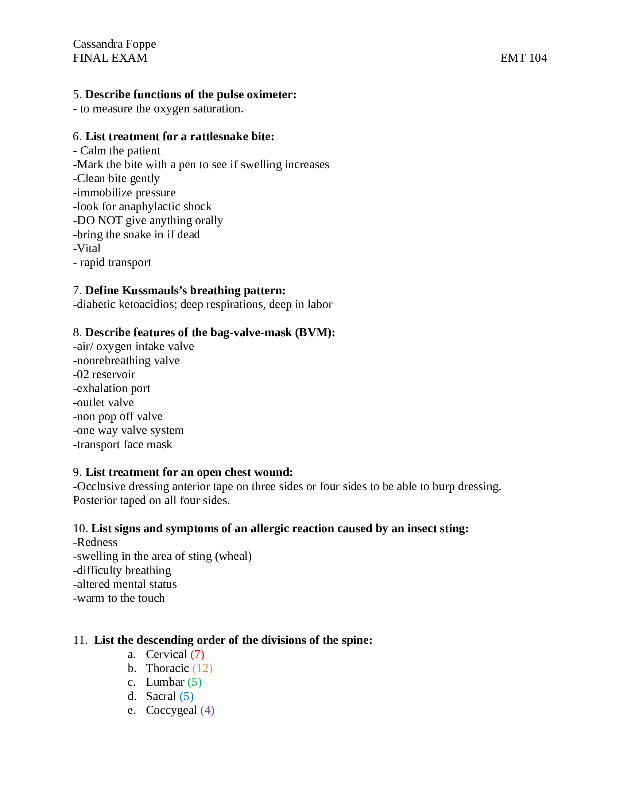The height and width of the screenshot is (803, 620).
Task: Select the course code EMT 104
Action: [x=523, y=58]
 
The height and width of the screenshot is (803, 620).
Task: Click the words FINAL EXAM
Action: [x=110, y=58]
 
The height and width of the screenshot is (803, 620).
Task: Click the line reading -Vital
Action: [x=87, y=249]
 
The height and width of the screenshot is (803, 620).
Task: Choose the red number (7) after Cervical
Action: [x=197, y=654]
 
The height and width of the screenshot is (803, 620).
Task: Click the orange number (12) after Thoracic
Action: [x=202, y=668]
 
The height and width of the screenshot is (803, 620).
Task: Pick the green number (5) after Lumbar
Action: [x=194, y=683]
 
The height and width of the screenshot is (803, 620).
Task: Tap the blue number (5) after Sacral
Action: [x=187, y=696]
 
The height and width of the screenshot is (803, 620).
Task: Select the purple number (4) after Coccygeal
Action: [x=208, y=710]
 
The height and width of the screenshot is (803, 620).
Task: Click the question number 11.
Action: [x=80, y=641]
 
